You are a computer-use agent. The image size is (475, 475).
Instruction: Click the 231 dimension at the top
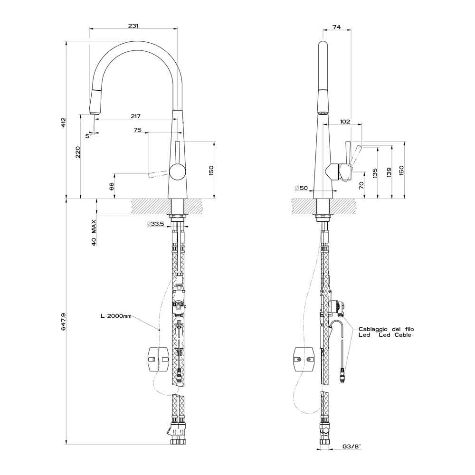click(x=133, y=26)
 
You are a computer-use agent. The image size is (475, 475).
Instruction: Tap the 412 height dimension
click(x=63, y=122)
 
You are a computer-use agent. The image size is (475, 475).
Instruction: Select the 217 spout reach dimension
click(x=136, y=116)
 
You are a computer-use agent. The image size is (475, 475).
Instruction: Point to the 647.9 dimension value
click(x=63, y=322)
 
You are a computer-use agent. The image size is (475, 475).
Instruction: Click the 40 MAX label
click(x=94, y=233)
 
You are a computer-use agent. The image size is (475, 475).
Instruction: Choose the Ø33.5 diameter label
click(x=155, y=224)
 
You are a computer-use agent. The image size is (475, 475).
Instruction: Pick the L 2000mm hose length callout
click(x=116, y=316)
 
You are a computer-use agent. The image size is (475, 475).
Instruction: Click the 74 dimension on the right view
click(x=337, y=27)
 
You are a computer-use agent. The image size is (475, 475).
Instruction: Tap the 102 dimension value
click(x=345, y=122)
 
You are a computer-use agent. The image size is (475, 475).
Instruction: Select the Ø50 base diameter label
click(x=301, y=188)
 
